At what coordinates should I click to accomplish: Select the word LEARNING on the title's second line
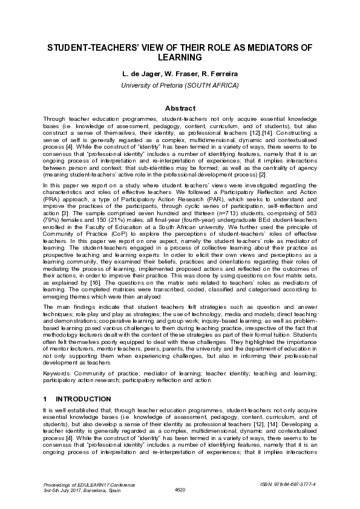click(x=180, y=58)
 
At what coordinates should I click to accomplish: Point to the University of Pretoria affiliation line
click(x=180, y=85)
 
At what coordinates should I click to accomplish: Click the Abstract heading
click(x=180, y=108)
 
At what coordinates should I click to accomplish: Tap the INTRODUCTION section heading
click(x=83, y=399)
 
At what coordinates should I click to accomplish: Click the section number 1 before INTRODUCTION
click(x=45, y=399)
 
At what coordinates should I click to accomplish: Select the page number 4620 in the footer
click(x=180, y=490)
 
